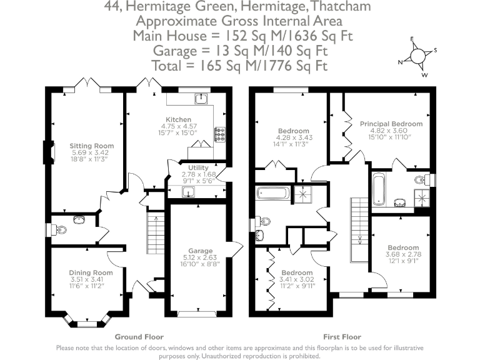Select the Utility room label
click(x=189, y=167)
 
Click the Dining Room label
click(x=91, y=272)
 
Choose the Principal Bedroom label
click(x=391, y=124)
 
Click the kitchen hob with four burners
click(x=221, y=134)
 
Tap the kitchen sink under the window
click(x=201, y=98)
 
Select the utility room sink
click(x=187, y=191)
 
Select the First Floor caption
click(x=340, y=336)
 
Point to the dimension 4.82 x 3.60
click(x=391, y=131)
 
